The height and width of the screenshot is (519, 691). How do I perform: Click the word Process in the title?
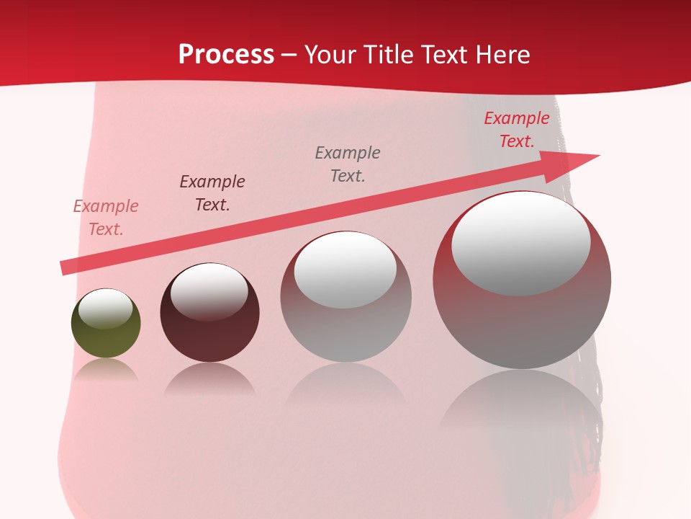(226, 54)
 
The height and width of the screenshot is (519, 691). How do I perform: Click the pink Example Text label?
(106, 218)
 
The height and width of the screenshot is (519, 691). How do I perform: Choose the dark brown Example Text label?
(212, 192)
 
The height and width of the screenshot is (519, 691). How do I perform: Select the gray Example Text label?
(348, 164)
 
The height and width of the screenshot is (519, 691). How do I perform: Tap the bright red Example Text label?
(517, 130)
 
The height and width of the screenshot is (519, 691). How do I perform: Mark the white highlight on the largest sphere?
(521, 243)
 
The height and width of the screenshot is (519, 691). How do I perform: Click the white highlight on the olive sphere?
(106, 309)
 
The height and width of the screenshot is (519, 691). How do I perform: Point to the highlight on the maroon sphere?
(209, 291)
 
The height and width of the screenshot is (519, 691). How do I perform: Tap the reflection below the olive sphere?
(106, 371)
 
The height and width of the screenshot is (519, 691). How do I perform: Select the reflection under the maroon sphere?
(209, 379)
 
